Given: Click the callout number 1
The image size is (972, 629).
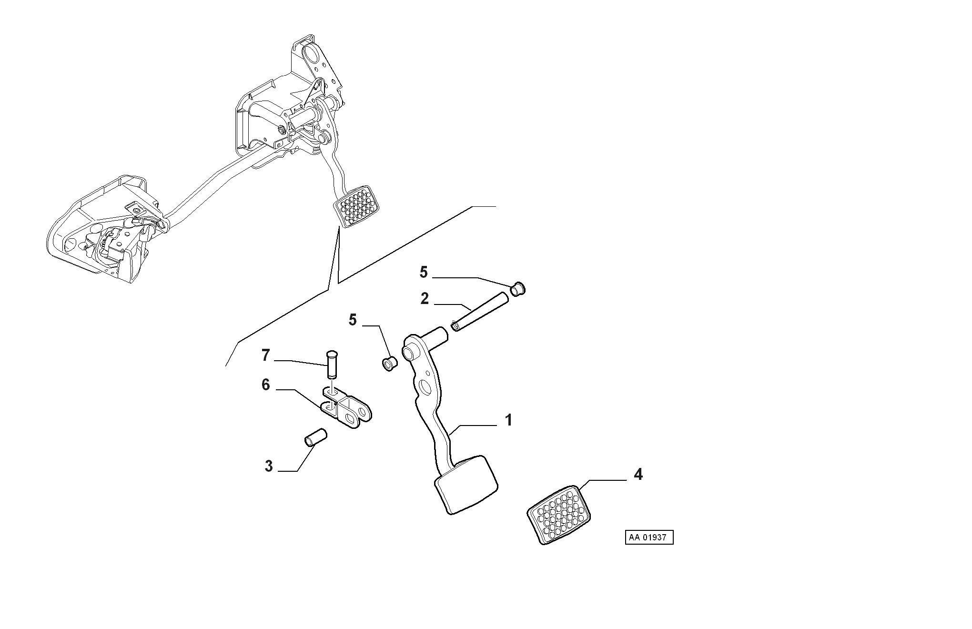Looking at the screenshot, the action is click(508, 420).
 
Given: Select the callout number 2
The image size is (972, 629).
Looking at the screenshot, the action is click(425, 299).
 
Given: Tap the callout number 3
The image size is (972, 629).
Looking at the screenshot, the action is click(269, 466).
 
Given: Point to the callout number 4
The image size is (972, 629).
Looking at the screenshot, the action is click(638, 475).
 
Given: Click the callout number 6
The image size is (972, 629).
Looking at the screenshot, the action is click(266, 385).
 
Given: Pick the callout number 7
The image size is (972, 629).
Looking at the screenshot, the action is click(266, 355).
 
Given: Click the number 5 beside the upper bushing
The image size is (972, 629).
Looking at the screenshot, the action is click(424, 273).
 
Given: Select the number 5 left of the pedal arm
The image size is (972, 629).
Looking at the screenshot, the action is click(353, 320).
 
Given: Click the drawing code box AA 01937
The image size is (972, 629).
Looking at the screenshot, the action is click(649, 538).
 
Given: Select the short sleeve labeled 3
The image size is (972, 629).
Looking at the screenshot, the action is click(315, 438).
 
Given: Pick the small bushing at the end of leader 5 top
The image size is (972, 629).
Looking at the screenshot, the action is click(518, 289).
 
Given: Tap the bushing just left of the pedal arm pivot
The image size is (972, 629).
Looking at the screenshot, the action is click(390, 364).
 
